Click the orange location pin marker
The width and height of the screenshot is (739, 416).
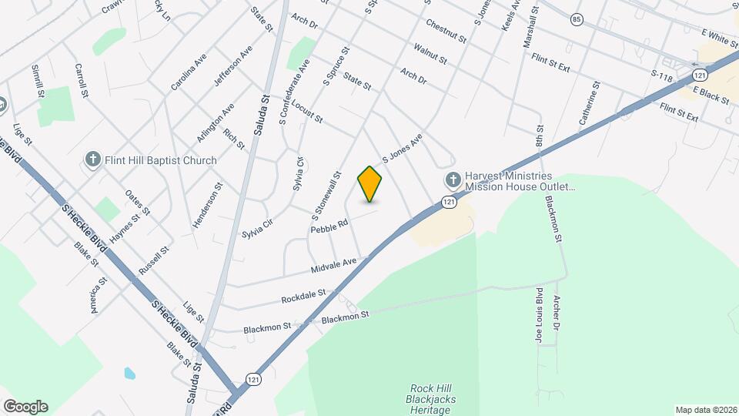click(x=370, y=184)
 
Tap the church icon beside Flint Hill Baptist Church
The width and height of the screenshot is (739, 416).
click(x=93, y=160)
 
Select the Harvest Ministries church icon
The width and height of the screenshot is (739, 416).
click(x=453, y=180)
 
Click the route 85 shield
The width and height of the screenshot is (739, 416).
click(x=577, y=18)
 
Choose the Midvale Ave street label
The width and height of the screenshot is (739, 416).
click(x=334, y=267)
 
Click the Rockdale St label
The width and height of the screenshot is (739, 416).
click(x=304, y=295)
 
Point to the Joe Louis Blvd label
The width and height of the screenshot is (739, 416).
click(x=538, y=306)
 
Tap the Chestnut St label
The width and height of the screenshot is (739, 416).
click(x=446, y=32)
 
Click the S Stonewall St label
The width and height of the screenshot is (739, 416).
click(x=326, y=193)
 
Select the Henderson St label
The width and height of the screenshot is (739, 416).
click(x=207, y=205)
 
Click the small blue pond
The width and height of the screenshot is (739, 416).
click(x=129, y=373)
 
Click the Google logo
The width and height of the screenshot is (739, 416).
click(x=25, y=406)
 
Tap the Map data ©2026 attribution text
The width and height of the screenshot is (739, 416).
click(x=705, y=410)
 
